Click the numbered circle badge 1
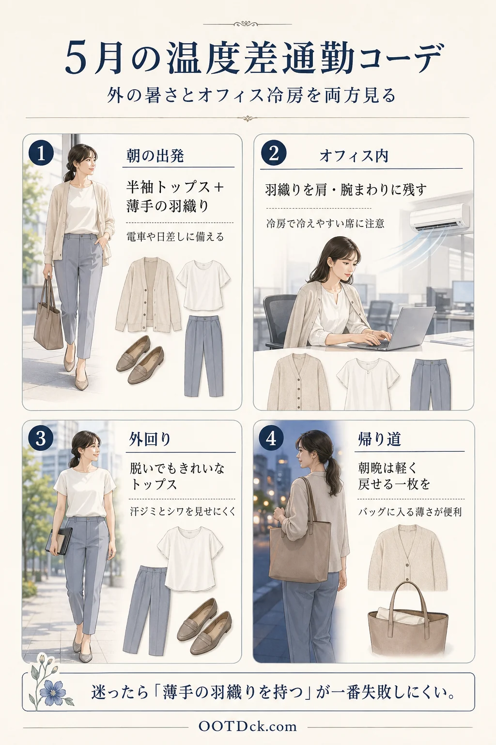[x=41, y=153]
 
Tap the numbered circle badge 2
[x=274, y=153]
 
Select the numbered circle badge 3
[x=41, y=438]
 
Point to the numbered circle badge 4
[x=271, y=438]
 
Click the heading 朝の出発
[x=155, y=156]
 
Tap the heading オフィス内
[x=354, y=156]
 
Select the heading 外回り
[x=150, y=439]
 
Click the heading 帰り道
[x=379, y=439]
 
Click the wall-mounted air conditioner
[x=439, y=217]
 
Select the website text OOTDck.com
[x=248, y=727]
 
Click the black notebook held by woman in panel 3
[x=59, y=541]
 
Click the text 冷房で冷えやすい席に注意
[x=325, y=224]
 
